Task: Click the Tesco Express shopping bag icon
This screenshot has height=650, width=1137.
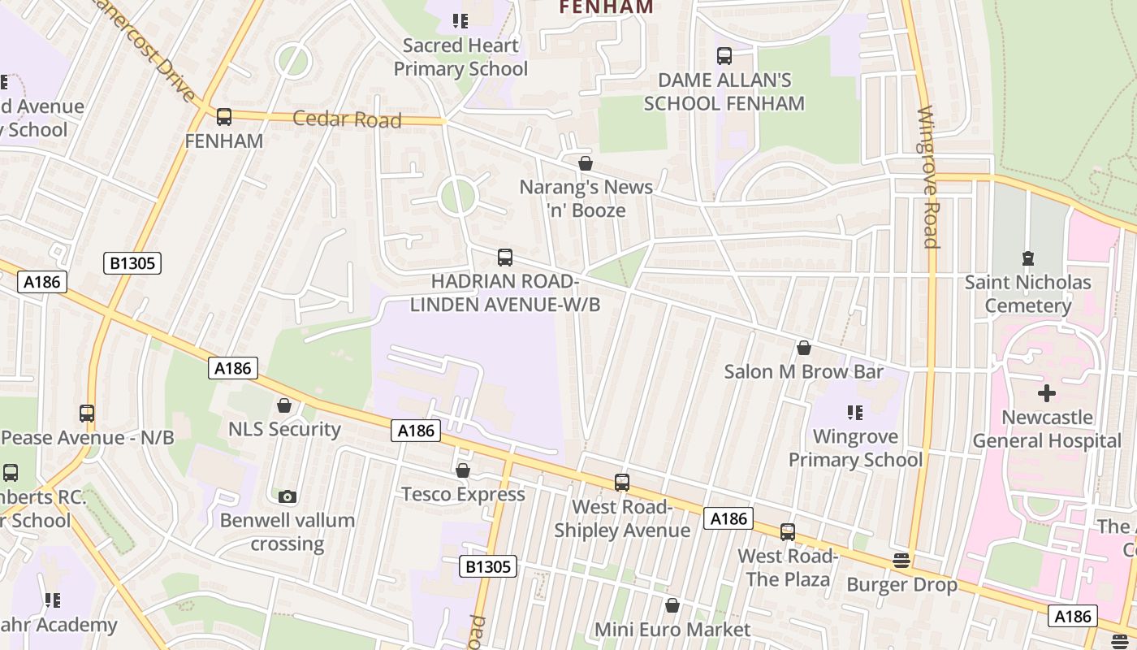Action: [x=463, y=470]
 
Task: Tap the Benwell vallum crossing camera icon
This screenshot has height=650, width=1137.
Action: [x=287, y=496]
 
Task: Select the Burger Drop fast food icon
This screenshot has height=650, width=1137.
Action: [x=901, y=561]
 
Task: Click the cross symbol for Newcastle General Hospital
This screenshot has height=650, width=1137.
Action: [x=1047, y=393]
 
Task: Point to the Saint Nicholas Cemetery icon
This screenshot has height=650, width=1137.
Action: [x=1028, y=258]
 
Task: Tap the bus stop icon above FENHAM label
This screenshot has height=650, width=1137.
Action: [x=224, y=117]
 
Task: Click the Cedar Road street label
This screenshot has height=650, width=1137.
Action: [x=347, y=119]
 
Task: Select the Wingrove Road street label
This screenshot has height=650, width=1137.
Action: [x=928, y=177]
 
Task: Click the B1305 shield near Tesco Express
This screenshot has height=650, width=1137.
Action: [x=487, y=566]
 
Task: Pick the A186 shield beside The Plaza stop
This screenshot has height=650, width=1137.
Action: [x=728, y=518]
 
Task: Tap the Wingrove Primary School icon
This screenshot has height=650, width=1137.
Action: [x=854, y=413]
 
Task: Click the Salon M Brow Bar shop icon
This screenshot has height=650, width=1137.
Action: [x=804, y=348]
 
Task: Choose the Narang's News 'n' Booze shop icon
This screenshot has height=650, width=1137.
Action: [x=585, y=163]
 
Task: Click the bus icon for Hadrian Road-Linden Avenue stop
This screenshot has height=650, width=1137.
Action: [x=505, y=258]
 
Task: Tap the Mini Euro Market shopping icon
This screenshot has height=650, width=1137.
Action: [x=672, y=605]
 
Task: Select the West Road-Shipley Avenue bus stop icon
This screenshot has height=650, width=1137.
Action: [x=622, y=483]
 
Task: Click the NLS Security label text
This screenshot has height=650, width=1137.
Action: [x=284, y=429]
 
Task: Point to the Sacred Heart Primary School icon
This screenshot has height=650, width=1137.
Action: [x=460, y=21]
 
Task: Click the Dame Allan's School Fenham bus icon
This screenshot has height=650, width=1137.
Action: [x=724, y=56]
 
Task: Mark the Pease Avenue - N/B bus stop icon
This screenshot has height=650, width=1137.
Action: [x=87, y=413]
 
